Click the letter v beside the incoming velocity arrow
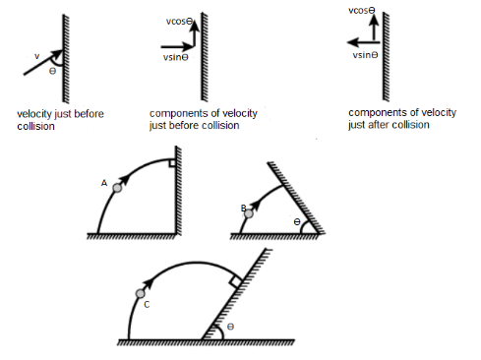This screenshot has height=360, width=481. (x=37, y=56)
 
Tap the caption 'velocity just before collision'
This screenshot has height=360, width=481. (x=60, y=120)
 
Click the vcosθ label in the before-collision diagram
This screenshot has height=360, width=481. (x=179, y=22)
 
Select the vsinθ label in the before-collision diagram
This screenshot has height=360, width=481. (x=176, y=57)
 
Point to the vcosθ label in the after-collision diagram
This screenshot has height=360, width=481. (x=361, y=11)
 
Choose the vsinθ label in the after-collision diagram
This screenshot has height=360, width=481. (x=365, y=55)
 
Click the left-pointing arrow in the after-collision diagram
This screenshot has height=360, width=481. (x=363, y=42)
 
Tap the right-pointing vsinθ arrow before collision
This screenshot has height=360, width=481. (x=177, y=47)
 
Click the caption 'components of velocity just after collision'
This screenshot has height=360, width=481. (x=402, y=118)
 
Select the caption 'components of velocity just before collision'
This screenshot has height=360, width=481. (x=204, y=119)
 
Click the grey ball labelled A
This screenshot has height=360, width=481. (x=117, y=188)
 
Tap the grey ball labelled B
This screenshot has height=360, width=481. (x=249, y=213)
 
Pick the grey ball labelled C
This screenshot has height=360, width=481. (x=141, y=293)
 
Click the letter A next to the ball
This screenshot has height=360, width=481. (x=104, y=183)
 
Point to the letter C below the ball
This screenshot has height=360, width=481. (x=147, y=305)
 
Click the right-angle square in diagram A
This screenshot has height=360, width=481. (x=172, y=163)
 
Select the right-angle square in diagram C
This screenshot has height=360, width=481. (x=236, y=281)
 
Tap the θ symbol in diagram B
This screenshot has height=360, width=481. (x=297, y=222)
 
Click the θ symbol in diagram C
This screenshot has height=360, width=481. (x=230, y=327)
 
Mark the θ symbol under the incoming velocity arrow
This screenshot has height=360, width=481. (x=52, y=71)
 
